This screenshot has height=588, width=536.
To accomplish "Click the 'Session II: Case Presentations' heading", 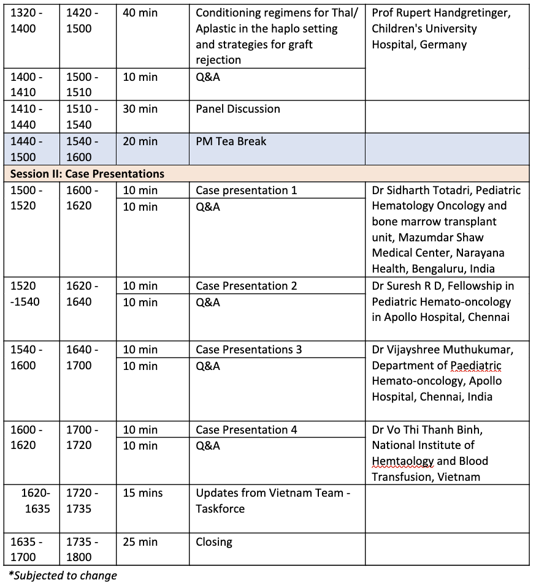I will [x=87, y=174].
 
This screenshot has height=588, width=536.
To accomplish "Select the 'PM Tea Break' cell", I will [x=231, y=141].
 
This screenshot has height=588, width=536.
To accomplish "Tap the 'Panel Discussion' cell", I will [x=238, y=109].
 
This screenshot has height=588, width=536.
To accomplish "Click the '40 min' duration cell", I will [x=140, y=13].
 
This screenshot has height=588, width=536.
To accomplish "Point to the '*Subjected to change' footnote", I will [x=63, y=575].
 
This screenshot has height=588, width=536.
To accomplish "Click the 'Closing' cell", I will [x=214, y=541].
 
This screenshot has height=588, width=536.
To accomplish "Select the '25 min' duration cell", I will [x=140, y=541].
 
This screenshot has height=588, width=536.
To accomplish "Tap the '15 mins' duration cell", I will [x=142, y=493].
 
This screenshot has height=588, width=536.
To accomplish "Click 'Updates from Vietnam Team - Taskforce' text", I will [x=273, y=500].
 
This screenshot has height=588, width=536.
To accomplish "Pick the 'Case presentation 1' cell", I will [x=246, y=190].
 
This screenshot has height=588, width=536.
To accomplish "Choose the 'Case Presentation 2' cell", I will [x=247, y=286].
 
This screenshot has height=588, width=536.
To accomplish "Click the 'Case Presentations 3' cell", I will [x=249, y=350].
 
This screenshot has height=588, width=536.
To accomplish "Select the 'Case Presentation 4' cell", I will [x=247, y=430].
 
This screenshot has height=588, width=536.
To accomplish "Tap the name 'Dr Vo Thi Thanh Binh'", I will [x=431, y=430].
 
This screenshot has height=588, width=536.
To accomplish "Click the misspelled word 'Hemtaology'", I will [x=402, y=461].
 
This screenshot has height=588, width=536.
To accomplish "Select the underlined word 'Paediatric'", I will [x=476, y=366].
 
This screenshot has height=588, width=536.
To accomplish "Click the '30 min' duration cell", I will [x=140, y=109].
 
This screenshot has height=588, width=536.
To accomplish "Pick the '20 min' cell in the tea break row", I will [x=140, y=141].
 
